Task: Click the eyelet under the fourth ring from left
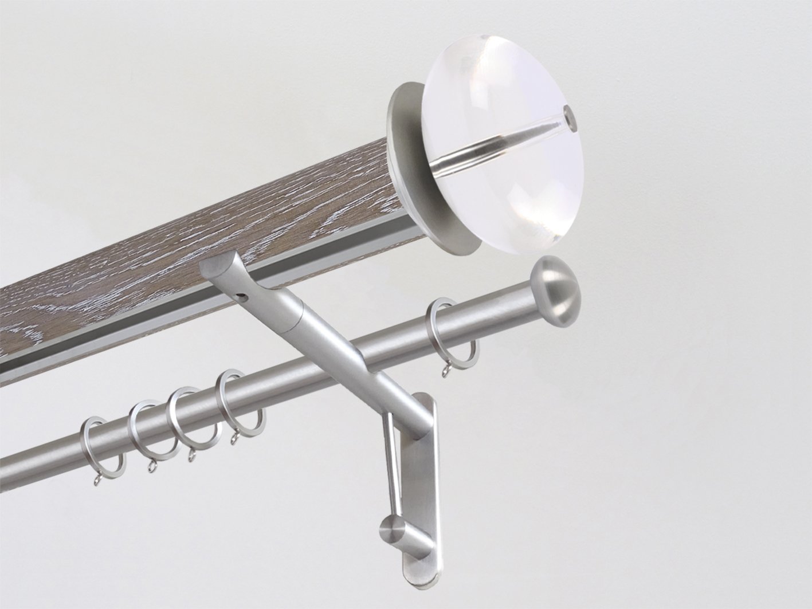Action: click(x=234, y=438)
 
